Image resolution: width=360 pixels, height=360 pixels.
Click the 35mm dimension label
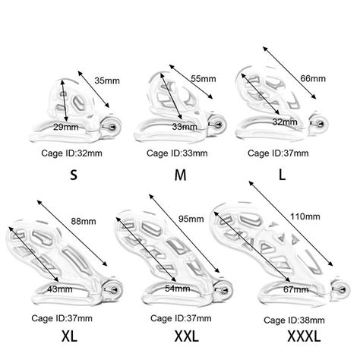tap(107, 81)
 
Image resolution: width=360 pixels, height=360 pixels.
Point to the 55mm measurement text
tap(204, 79)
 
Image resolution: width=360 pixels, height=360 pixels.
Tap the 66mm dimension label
tap(313, 78)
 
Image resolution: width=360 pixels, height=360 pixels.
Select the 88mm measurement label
tap(84, 221)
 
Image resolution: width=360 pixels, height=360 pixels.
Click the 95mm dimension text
tap(191, 219)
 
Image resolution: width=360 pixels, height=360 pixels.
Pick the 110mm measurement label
tap(305, 216)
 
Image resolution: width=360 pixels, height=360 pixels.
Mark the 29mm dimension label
tap(66, 127)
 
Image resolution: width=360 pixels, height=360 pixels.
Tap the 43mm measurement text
tap(60, 289)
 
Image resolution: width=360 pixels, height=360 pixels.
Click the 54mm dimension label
tap(178, 289)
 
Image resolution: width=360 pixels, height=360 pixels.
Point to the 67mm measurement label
tap(296, 289)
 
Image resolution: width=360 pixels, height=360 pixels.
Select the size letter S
tap(74, 175)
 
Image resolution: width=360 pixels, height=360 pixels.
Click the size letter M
tap(180, 175)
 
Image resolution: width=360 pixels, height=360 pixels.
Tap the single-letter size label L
tap(282, 175)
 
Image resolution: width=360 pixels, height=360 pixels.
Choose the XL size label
tap(70, 336)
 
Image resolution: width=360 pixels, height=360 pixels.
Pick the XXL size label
tap(187, 336)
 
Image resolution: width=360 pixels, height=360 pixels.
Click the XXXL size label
tap(304, 336)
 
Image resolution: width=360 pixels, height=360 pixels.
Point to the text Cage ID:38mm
tap(294, 321)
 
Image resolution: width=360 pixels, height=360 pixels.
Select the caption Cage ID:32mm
tap(71, 153)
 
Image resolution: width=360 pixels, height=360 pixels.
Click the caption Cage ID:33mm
tap(177, 153)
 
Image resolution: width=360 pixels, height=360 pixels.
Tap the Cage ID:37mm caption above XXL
tap(181, 318)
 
